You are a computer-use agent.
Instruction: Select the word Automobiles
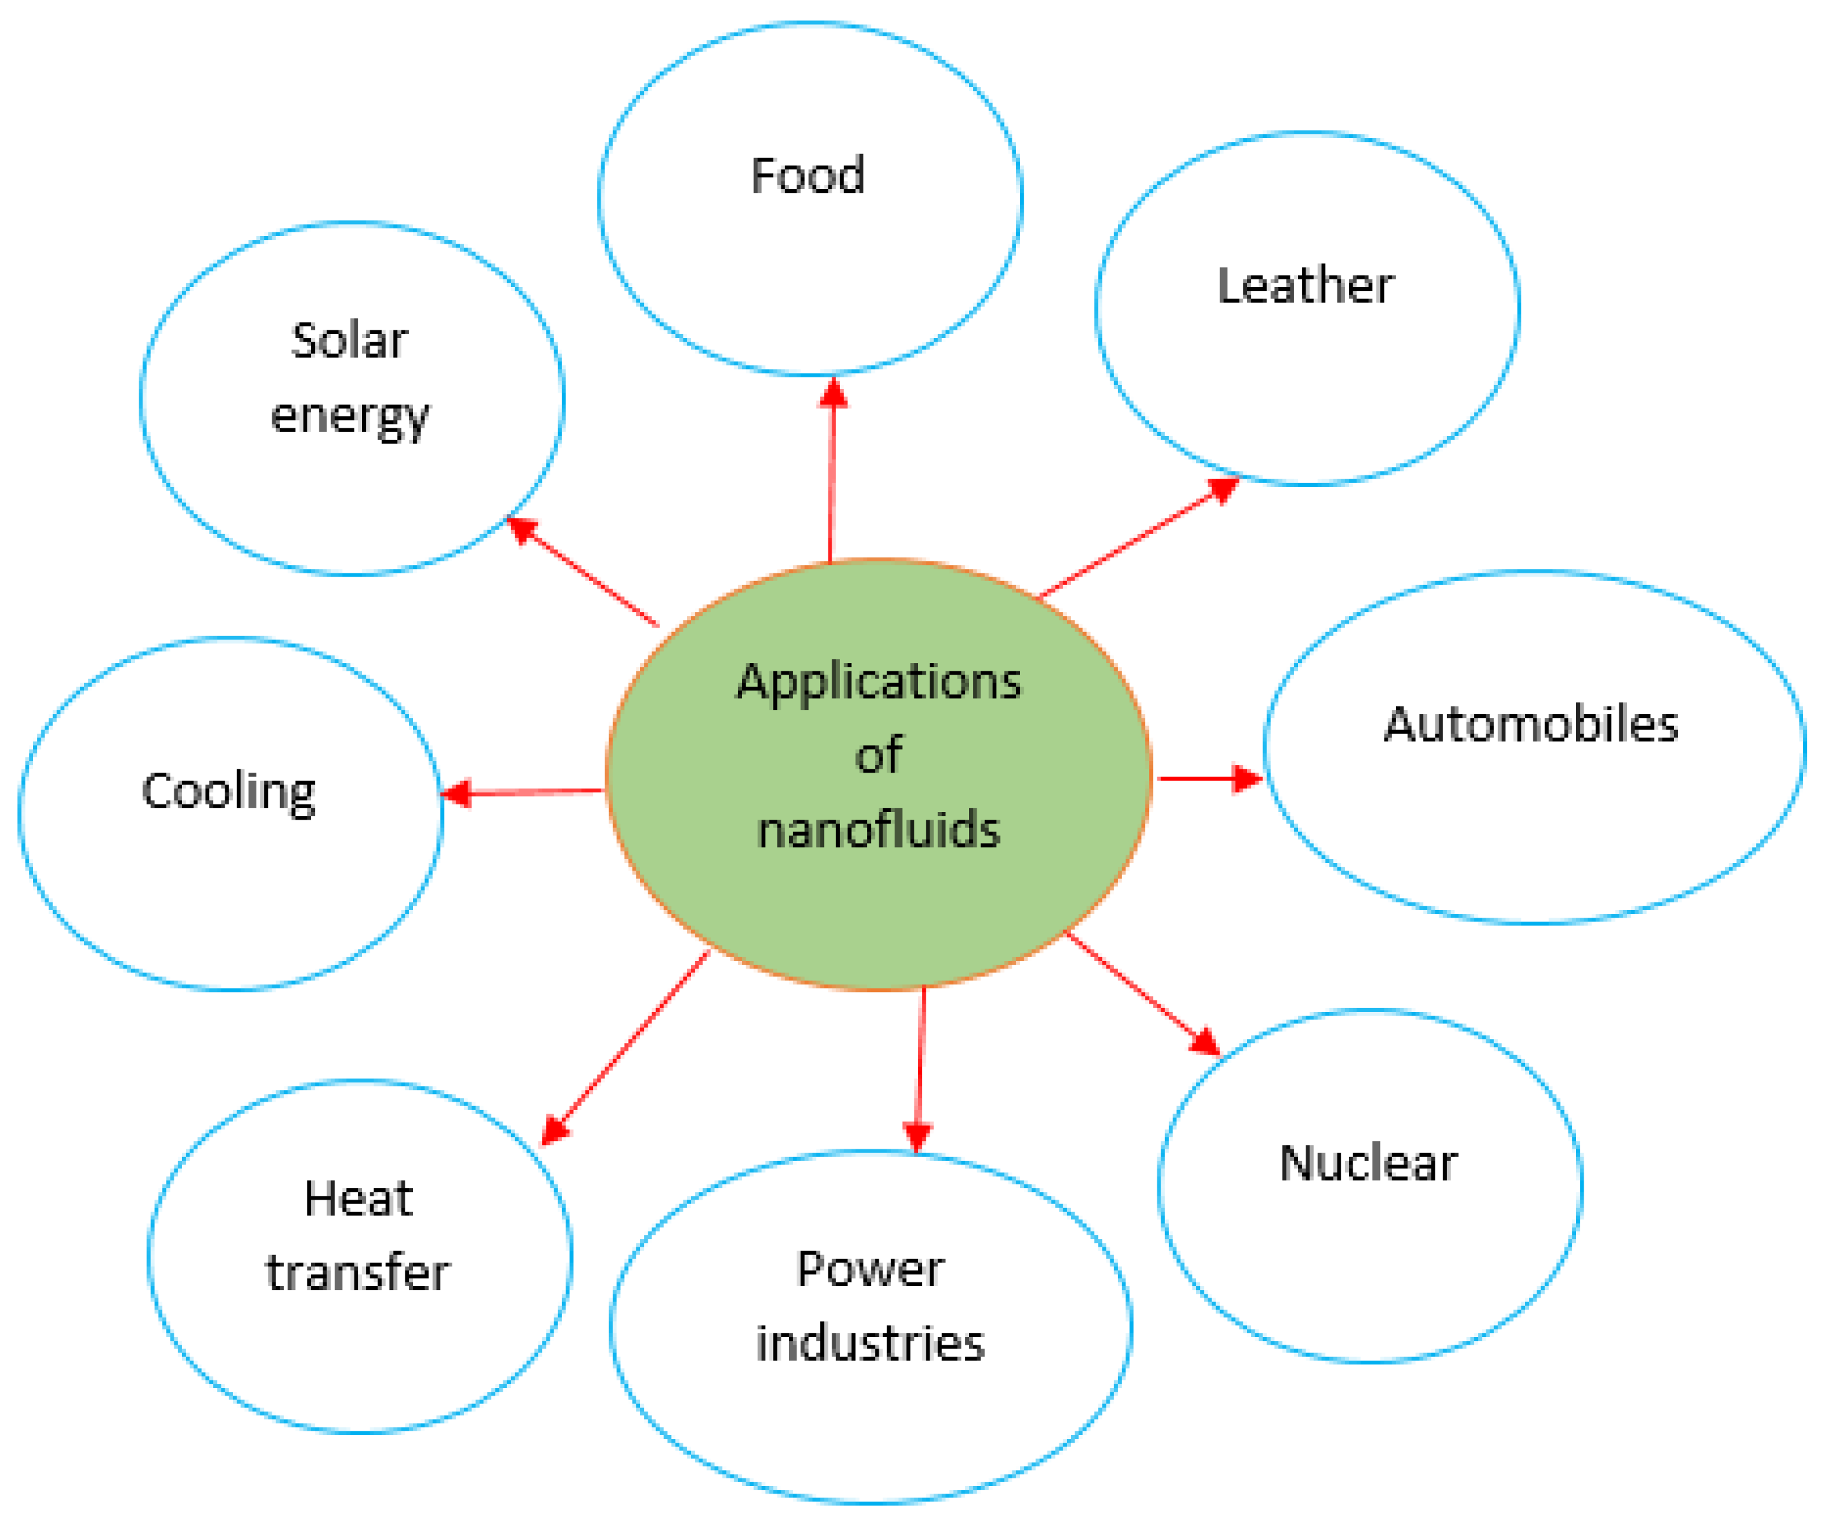[1530, 724]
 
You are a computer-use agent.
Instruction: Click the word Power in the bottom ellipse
[870, 1270]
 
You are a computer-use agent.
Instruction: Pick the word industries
[870, 1343]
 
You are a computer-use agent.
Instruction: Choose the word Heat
[358, 1199]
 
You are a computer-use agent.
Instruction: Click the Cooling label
[228, 792]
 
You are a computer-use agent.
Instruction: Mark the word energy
[349, 416]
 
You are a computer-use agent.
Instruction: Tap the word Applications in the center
[879, 682]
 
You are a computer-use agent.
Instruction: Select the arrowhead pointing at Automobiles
[1247, 778]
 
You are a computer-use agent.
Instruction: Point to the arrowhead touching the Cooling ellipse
[456, 792]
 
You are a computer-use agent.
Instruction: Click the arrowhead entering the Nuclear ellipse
[1206, 1041]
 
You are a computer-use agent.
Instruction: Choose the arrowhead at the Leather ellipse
[1223, 490]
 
